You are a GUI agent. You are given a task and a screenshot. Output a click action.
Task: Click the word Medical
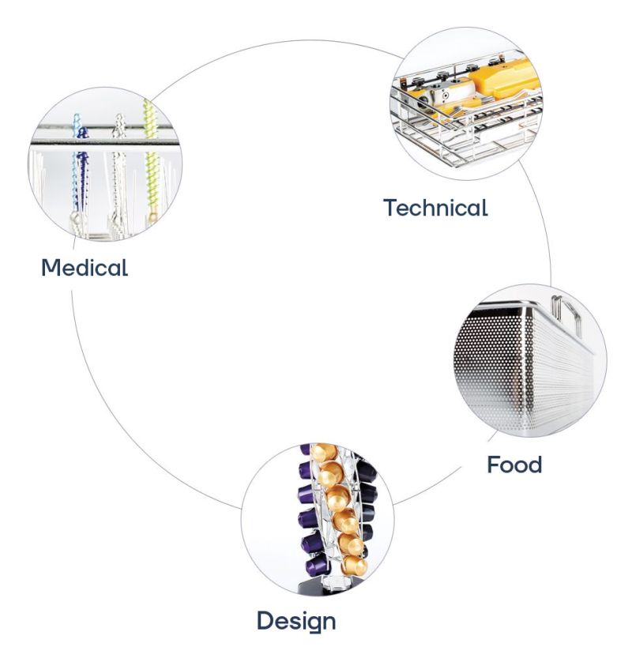pyautogui.click(x=85, y=267)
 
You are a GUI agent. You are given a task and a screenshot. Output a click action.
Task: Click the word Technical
pyautogui.click(x=435, y=208)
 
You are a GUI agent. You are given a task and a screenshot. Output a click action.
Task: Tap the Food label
pyautogui.click(x=514, y=464)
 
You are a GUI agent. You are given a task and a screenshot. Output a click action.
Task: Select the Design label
pyautogui.click(x=296, y=620)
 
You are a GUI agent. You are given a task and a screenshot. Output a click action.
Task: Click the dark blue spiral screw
pyautogui.click(x=80, y=170)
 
